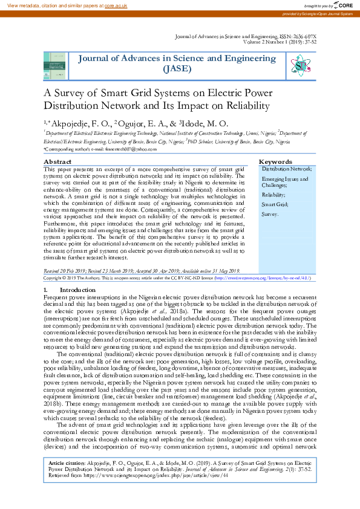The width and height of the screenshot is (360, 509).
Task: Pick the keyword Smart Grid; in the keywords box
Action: pyautogui.click(x=274, y=204)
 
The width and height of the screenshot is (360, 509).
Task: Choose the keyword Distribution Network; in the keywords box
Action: pyautogui.click(x=287, y=169)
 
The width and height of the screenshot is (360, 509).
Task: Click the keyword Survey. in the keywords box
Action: pyautogui.click(x=270, y=214)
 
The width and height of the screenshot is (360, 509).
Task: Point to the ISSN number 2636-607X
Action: pyautogui.click(x=309, y=37)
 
